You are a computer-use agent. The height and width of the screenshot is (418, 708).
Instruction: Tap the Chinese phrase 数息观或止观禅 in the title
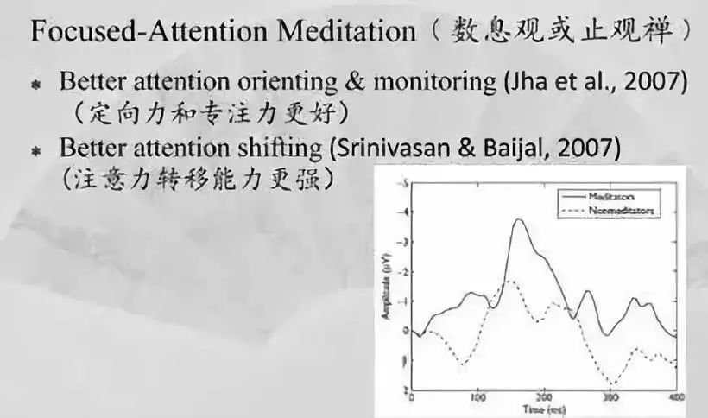[560, 32]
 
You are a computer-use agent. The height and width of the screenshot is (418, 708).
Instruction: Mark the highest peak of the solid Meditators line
[519, 220]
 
